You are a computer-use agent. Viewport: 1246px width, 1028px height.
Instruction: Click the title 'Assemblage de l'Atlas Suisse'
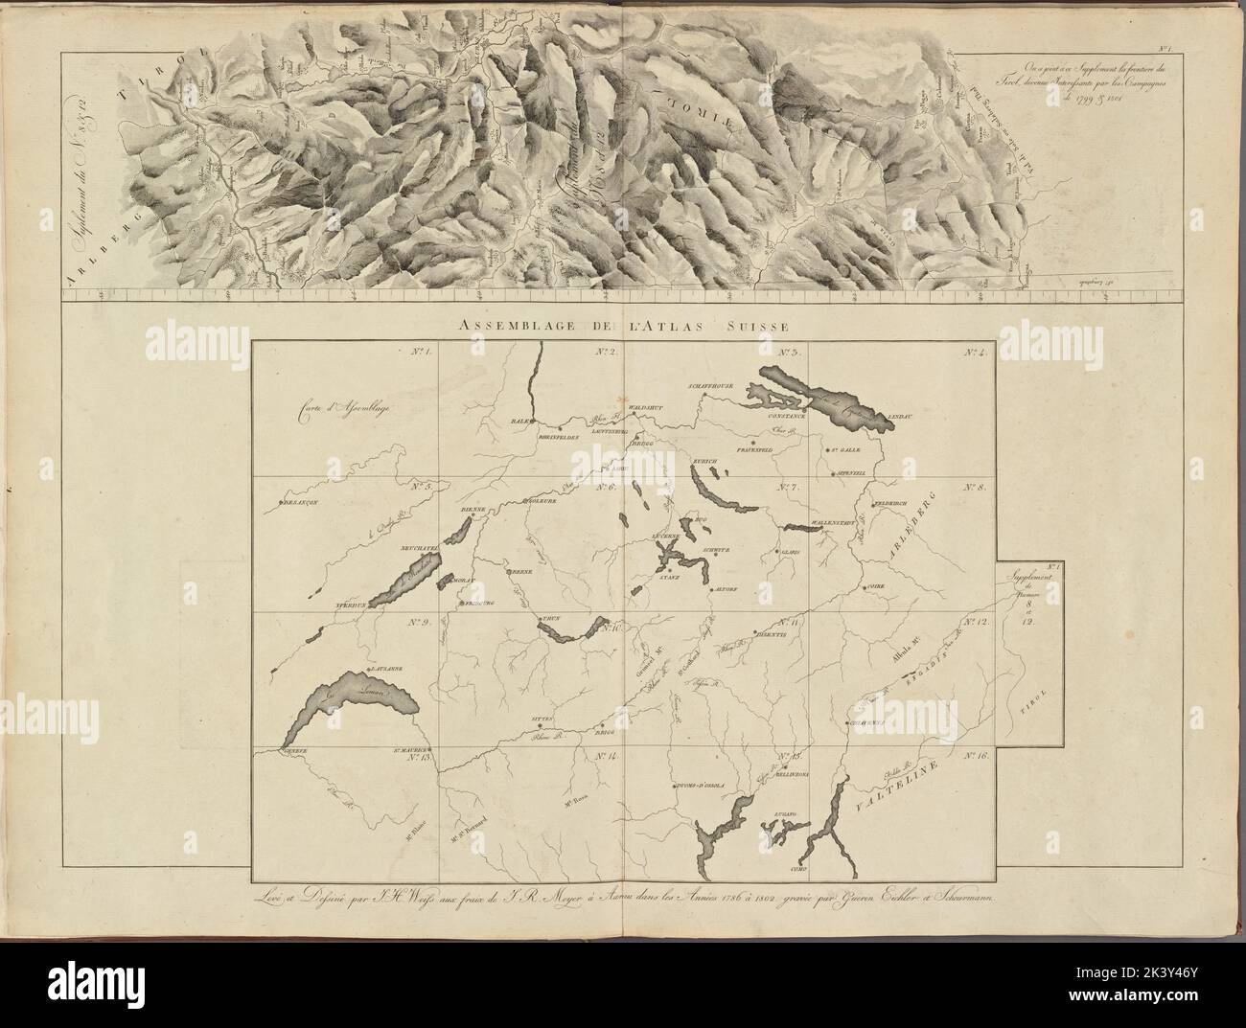click(623, 326)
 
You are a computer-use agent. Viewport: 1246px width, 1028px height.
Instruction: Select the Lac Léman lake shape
click(350, 710)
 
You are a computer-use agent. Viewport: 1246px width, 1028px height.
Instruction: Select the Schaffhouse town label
click(710, 386)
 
